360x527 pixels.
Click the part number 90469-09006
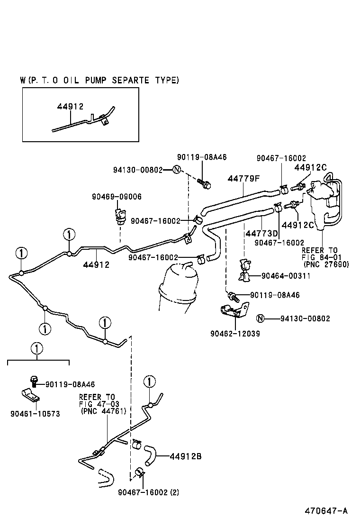tap(117, 197)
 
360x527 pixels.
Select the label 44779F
tap(244, 179)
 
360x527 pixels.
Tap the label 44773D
tap(261, 234)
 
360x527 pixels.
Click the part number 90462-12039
tap(235, 334)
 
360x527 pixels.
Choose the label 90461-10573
tap(35, 414)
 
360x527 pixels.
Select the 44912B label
tap(186, 456)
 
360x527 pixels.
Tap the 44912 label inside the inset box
tap(70, 107)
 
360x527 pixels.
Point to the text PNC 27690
tap(326, 264)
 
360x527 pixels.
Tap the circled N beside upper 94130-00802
tap(176, 170)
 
